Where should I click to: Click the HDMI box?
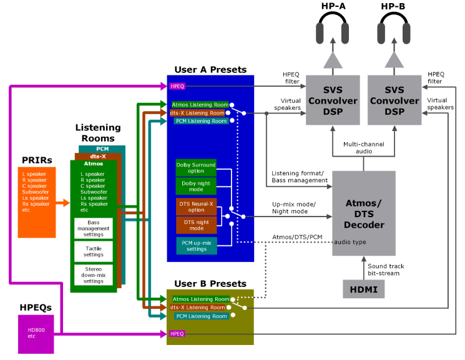[x=364, y=289]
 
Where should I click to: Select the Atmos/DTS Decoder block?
[x=364, y=213]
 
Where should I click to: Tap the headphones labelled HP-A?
[x=333, y=29]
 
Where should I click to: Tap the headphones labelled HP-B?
[x=394, y=29]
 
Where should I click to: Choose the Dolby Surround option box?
[x=196, y=168]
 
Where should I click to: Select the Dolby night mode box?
[x=196, y=187]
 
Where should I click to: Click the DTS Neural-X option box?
[x=196, y=207]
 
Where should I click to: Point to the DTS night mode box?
[x=196, y=225]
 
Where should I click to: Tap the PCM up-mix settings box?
[x=196, y=246]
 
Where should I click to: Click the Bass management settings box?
[x=94, y=229]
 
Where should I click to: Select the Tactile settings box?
[x=94, y=251]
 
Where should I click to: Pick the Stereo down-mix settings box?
[x=94, y=275]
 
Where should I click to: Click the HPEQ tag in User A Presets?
[x=177, y=86]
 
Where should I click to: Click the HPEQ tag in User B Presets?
[x=177, y=334]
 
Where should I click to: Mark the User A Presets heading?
[x=210, y=70]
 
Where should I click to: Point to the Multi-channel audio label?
[x=365, y=147]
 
